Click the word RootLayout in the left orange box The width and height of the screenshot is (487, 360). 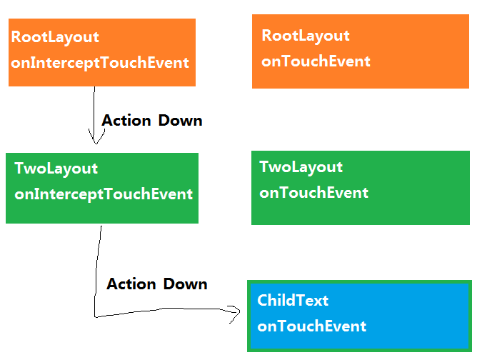pyautogui.click(x=55, y=38)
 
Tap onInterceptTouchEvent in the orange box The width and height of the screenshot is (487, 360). pyautogui.click(x=100, y=63)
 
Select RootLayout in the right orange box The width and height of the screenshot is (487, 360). pyautogui.click(x=306, y=36)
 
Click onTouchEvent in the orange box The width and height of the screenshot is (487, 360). pyautogui.click(x=316, y=61)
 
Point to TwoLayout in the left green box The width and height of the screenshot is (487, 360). pyautogui.click(x=56, y=169)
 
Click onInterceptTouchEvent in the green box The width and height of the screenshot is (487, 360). pyautogui.click(x=104, y=194)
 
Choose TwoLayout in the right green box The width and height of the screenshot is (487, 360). pyautogui.click(x=301, y=167)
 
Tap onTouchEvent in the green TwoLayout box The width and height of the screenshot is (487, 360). pyautogui.click(x=314, y=193)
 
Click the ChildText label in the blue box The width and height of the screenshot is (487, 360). pyautogui.click(x=293, y=301)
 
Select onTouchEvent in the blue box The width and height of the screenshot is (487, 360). pyautogui.click(x=312, y=326)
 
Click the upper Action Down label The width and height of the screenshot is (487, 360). pyautogui.click(x=152, y=121)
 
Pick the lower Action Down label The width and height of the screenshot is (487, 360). pyautogui.click(x=157, y=284)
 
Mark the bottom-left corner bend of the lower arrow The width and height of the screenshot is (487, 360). pyautogui.click(x=95, y=317)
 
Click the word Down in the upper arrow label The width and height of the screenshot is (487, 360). pyautogui.click(x=180, y=121)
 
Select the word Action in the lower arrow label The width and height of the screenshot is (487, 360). pyautogui.click(x=131, y=284)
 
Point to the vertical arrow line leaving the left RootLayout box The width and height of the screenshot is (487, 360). pyautogui.click(x=94, y=115)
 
